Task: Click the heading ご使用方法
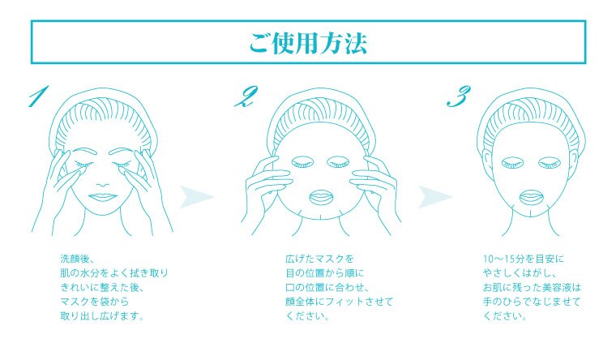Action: pos(308,42)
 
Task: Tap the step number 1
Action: pos(39,96)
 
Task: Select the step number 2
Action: pos(246,96)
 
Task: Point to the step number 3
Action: pos(459,96)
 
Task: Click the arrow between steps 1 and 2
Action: pos(195,196)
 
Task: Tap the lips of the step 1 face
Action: pos(102,197)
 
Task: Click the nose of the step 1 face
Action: pos(103,184)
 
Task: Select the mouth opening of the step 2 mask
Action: pos(321,197)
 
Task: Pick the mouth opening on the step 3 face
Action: pos(532,197)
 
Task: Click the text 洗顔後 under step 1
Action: pos(75,259)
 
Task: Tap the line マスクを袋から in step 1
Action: pos(95,302)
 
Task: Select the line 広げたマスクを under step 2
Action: pos(320,259)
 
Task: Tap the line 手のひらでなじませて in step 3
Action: pos(532,302)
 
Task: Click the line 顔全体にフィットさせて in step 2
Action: pos(339,302)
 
